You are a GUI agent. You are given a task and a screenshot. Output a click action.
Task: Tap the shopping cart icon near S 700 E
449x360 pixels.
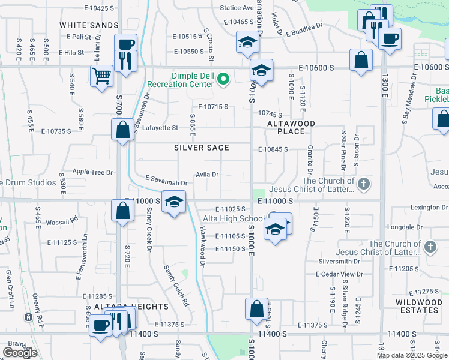(x=102, y=76)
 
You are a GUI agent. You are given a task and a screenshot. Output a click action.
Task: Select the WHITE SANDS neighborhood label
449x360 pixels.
(x=89, y=25)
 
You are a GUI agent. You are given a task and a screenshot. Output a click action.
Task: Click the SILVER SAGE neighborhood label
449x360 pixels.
(x=202, y=148)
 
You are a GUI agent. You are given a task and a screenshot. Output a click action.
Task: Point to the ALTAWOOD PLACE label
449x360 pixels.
(x=291, y=127)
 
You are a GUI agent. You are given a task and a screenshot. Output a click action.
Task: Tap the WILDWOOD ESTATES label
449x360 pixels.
(x=417, y=306)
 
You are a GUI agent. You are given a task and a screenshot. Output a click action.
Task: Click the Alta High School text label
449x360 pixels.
(x=233, y=219)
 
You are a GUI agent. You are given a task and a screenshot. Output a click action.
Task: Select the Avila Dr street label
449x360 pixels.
(x=206, y=175)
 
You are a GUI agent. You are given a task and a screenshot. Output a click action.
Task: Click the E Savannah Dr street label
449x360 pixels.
(x=167, y=180)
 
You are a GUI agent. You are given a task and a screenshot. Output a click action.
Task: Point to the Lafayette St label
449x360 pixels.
(x=160, y=128)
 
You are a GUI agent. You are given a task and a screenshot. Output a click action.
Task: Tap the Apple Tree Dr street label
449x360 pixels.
(x=92, y=172)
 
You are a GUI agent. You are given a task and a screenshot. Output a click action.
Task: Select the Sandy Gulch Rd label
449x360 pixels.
(x=177, y=287)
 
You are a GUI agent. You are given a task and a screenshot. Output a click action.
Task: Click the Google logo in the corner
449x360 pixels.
(x=20, y=353)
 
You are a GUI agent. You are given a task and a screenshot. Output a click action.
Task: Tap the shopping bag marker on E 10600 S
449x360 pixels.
(x=360, y=61)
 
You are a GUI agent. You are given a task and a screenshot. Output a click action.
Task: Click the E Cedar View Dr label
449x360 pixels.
(x=340, y=274)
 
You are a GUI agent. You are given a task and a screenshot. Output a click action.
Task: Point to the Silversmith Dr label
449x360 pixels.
(x=339, y=262)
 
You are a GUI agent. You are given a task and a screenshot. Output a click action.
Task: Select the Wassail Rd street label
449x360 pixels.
(x=62, y=220)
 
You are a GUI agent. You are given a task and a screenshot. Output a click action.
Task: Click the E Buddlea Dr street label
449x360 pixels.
(x=304, y=30)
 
